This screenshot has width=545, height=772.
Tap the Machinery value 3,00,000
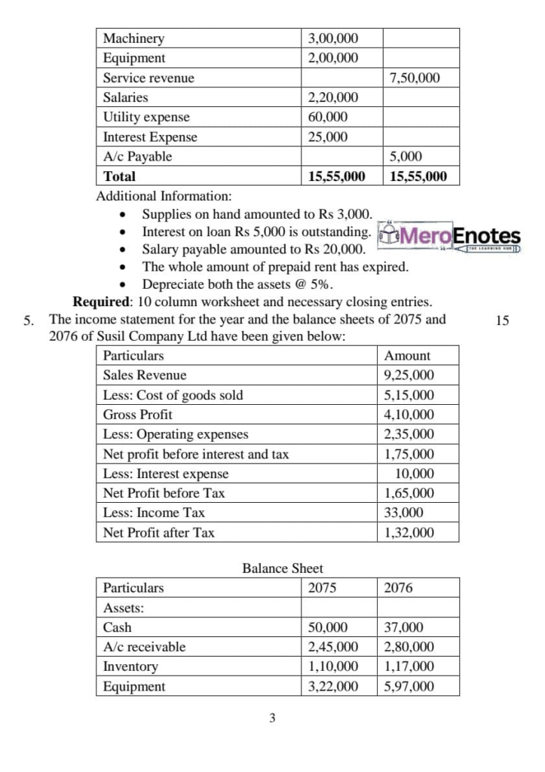334,38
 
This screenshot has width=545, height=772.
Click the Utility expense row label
146,117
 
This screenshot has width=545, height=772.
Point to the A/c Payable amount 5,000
406,156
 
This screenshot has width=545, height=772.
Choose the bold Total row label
120,176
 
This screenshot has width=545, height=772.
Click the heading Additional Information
164,196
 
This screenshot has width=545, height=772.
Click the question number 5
28,320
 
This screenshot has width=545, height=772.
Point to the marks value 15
504,320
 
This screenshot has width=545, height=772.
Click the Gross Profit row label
137,415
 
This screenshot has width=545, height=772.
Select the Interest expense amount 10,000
415,473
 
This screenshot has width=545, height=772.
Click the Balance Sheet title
283,568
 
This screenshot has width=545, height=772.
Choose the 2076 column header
399,588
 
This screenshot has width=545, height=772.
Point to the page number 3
272,718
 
